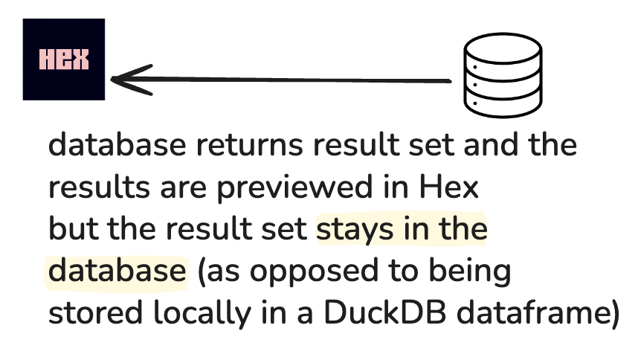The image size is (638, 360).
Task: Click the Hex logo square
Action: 63,60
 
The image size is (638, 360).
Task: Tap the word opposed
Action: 318,272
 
